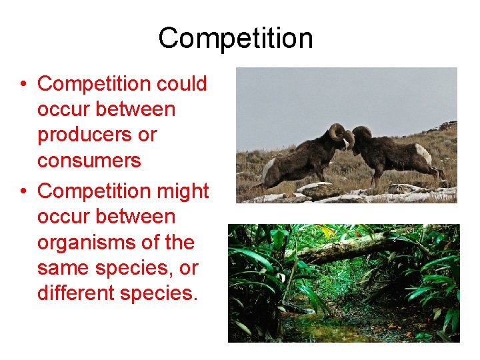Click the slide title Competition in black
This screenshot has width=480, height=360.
[x=235, y=39]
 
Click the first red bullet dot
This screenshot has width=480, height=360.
[x=23, y=85]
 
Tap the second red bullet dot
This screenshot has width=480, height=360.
[x=23, y=192]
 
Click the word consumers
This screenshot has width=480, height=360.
[x=89, y=161]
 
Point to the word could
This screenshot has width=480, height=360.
[x=181, y=84]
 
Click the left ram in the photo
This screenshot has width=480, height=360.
[x=303, y=157]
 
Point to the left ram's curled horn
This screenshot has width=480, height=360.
[x=337, y=132]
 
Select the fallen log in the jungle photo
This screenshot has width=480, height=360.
[x=347, y=248]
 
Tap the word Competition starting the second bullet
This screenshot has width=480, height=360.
[x=95, y=191]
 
